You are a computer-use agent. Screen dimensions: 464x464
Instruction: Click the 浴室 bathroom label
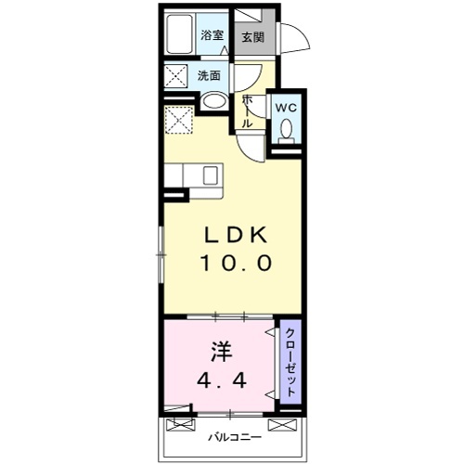coord(213,35)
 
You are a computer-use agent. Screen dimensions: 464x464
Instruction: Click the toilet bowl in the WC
coord(286,130)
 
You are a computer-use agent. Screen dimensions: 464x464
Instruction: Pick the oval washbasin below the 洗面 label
coord(213,103)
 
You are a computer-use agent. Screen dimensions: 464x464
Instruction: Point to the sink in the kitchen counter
coord(210,174)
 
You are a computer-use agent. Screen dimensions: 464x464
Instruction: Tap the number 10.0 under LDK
coord(236,264)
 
